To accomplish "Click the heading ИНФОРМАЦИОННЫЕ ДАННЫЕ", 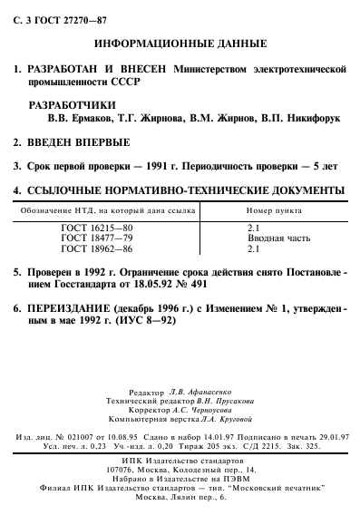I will coord(180,43).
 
